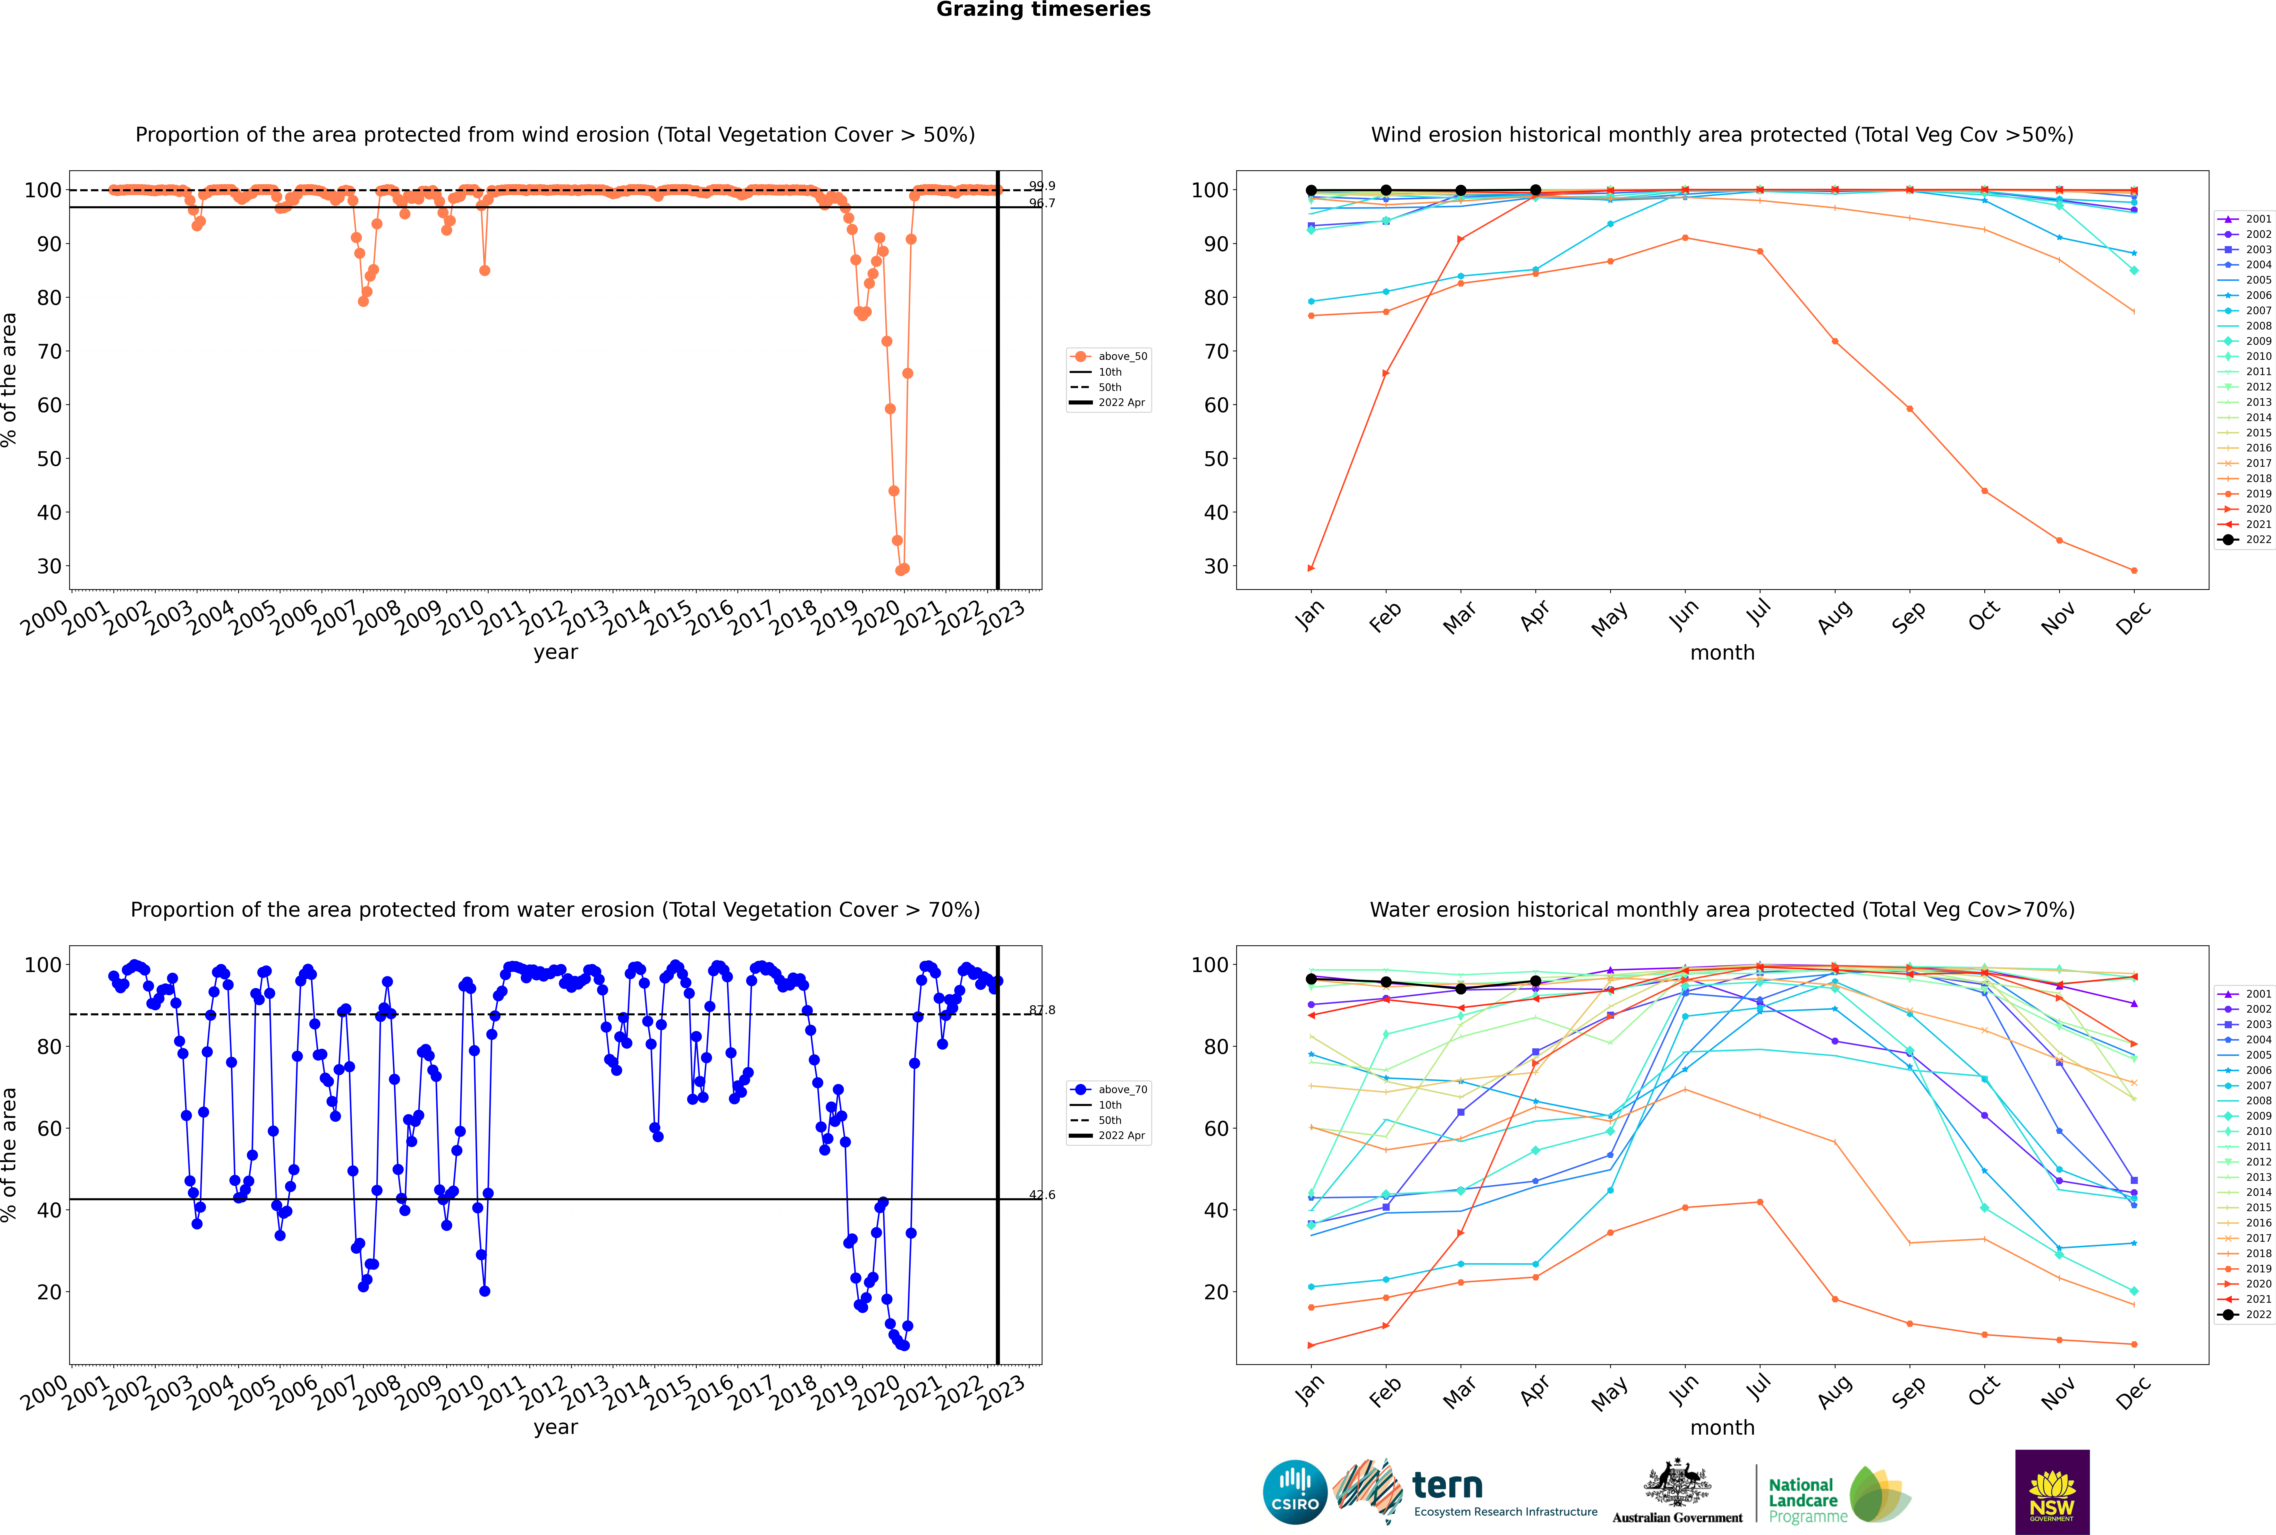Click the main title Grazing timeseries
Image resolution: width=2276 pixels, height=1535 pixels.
1043,10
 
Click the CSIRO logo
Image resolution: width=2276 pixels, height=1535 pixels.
1295,1492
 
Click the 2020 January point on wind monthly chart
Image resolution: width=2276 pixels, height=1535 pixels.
1311,568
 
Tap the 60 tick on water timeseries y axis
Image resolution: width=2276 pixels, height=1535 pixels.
49,1128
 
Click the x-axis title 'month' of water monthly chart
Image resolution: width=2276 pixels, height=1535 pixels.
1722,1427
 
